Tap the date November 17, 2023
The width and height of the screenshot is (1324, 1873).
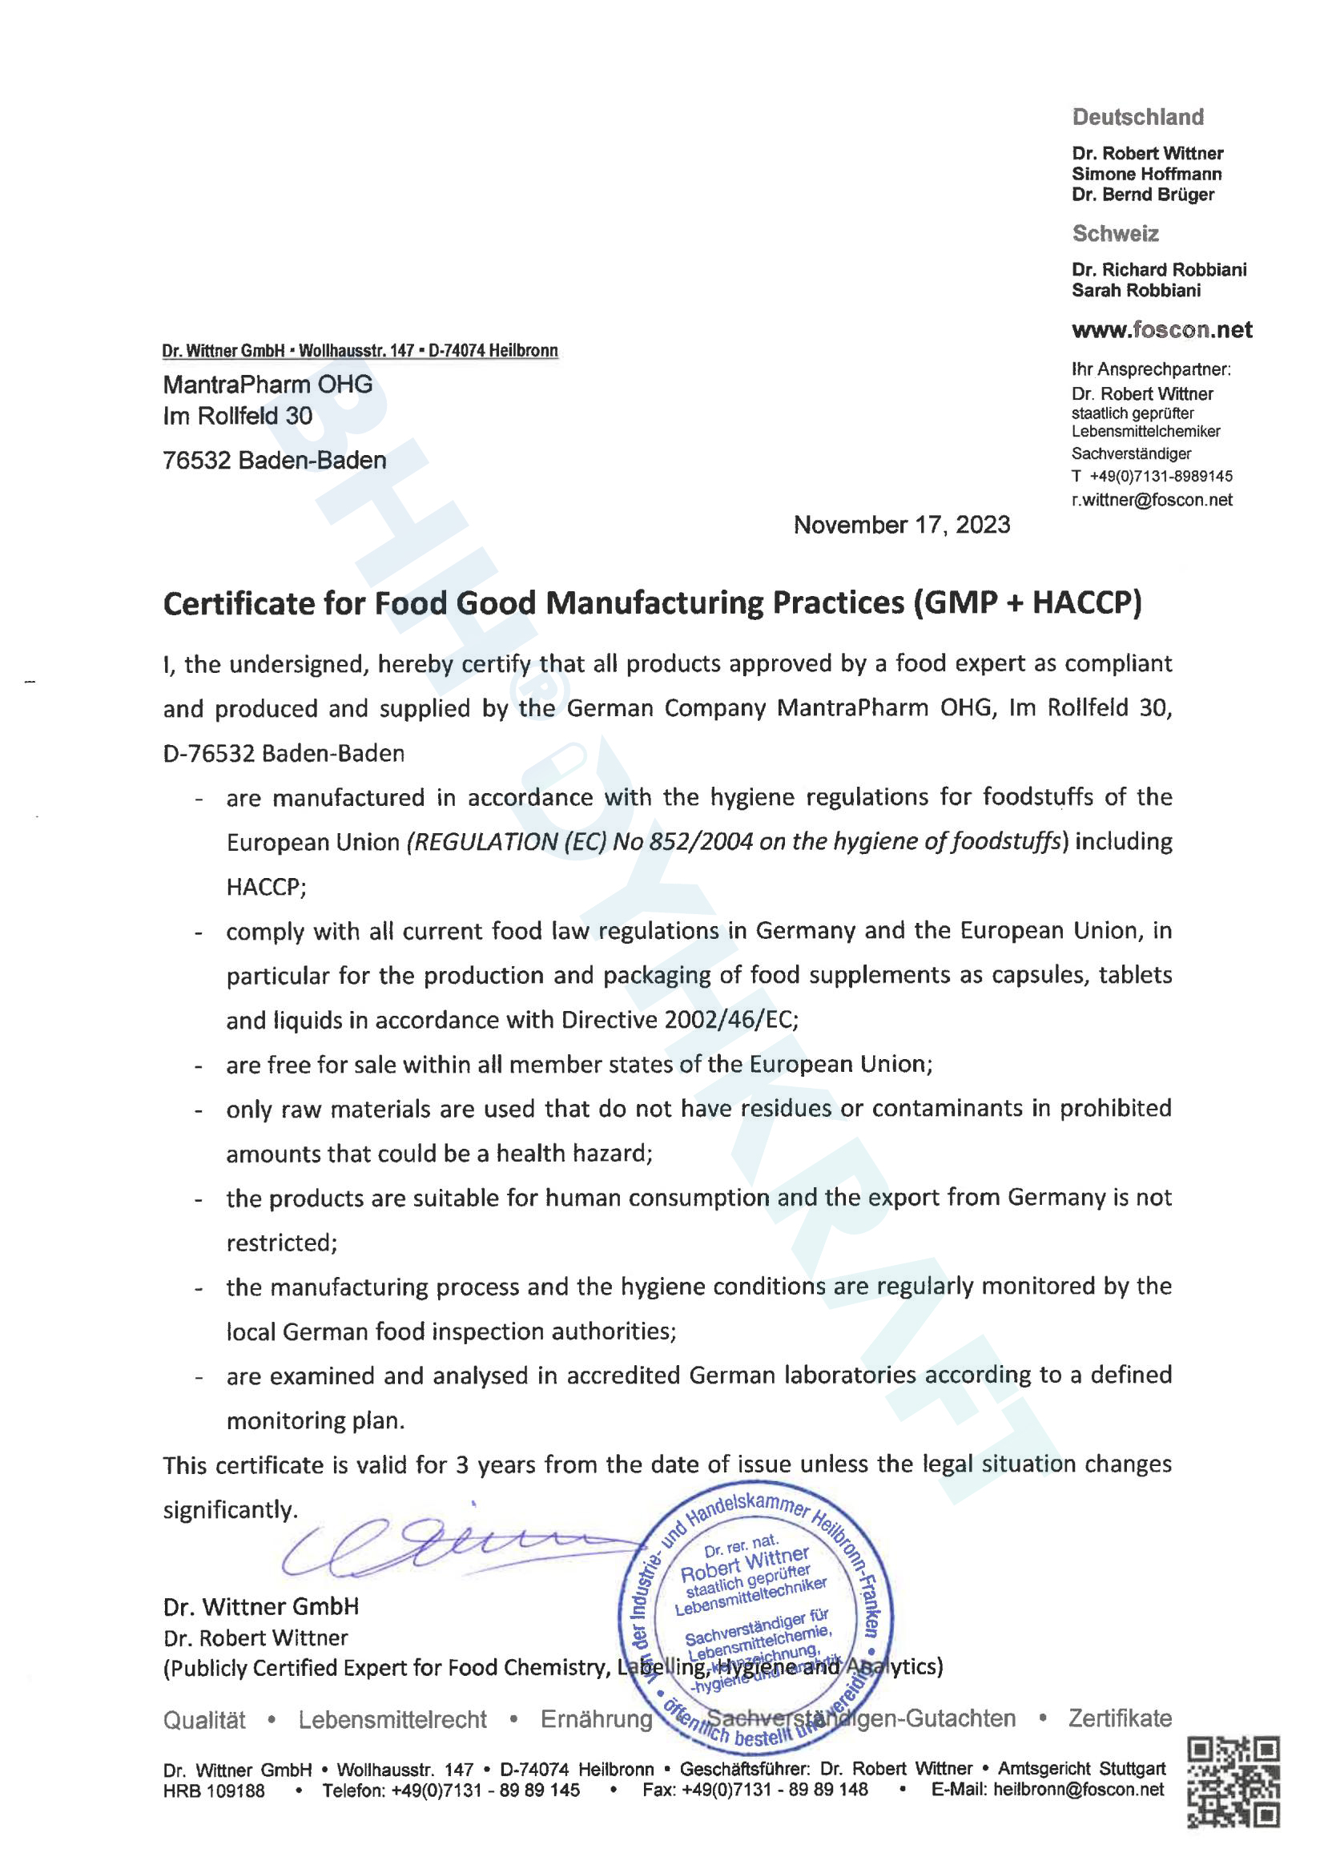pyautogui.click(x=901, y=525)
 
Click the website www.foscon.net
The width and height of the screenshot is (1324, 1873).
pyautogui.click(x=1161, y=329)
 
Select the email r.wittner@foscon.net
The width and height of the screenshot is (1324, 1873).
pyautogui.click(x=1151, y=499)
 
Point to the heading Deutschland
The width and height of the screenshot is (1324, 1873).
pyautogui.click(x=1137, y=118)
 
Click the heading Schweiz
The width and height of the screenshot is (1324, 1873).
pyautogui.click(x=1115, y=234)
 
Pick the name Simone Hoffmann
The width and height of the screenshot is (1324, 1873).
pyautogui.click(x=1146, y=174)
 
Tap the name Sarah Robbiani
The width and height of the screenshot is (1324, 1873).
pyautogui.click(x=1136, y=291)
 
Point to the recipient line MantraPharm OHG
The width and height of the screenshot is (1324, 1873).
pyautogui.click(x=268, y=385)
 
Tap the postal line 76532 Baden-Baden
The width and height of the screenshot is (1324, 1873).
pyautogui.click(x=274, y=461)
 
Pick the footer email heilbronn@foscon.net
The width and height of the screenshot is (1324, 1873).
pyautogui.click(x=1078, y=1790)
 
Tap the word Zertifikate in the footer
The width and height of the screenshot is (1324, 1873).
pyautogui.click(x=1119, y=1719)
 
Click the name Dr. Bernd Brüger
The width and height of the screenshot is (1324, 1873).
pyautogui.click(x=1142, y=194)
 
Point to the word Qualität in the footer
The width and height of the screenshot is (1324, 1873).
pyautogui.click(x=204, y=1720)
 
